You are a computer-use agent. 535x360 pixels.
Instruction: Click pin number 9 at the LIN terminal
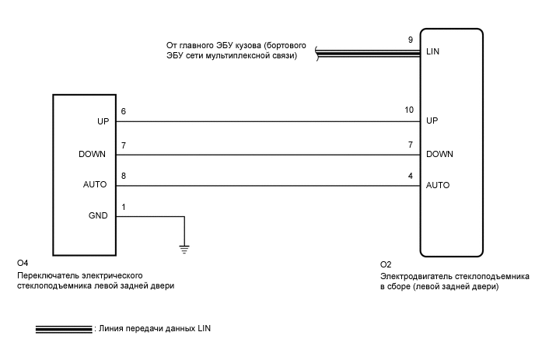(x=410, y=40)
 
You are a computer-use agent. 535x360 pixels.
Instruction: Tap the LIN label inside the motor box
(x=433, y=53)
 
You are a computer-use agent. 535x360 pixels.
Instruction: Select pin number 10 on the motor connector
(x=410, y=110)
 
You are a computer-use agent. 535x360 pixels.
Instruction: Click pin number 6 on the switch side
(x=123, y=112)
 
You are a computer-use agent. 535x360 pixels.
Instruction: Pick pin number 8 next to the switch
(x=123, y=176)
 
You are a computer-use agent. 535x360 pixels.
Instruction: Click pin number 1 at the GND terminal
(x=123, y=207)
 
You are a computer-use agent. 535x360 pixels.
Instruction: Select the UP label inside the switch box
(x=102, y=122)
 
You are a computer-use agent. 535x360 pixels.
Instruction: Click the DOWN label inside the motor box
(x=439, y=154)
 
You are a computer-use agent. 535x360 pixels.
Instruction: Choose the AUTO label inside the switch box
(x=95, y=186)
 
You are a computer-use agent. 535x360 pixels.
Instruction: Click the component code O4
(x=22, y=264)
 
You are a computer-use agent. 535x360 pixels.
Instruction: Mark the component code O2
(x=386, y=264)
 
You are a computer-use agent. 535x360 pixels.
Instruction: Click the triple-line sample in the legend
(x=63, y=329)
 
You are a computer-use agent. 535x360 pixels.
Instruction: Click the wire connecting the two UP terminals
(x=264, y=122)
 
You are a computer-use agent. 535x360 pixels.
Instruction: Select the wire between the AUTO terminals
(x=264, y=186)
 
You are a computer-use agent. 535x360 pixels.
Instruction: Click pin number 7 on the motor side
(x=410, y=144)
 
